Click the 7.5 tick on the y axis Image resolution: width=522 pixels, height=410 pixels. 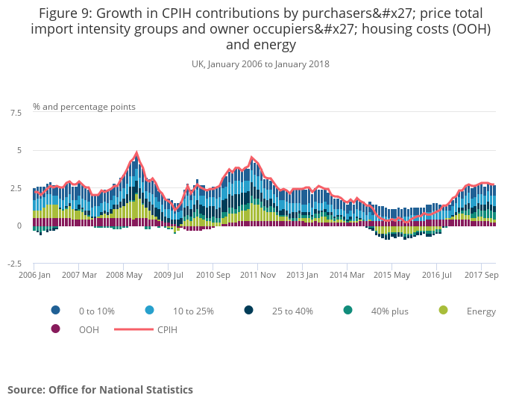[x=16, y=113]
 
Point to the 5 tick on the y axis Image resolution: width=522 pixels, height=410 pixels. [x=18, y=151]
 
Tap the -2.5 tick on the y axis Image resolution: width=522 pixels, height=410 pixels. [x=14, y=264]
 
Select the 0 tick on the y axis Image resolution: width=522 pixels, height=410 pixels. [x=18, y=226]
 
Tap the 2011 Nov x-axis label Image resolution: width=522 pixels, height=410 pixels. [x=257, y=275]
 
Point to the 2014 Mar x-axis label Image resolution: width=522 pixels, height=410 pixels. [x=348, y=275]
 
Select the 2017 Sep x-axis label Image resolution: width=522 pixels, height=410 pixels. [x=481, y=275]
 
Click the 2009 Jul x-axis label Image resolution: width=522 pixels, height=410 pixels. [x=168, y=275]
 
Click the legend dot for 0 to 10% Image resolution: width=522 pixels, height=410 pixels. [x=56, y=311]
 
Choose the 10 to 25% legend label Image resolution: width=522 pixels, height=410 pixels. [x=194, y=311]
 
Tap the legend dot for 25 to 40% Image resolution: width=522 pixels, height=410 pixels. [x=248, y=311]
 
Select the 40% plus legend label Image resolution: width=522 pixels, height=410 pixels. [x=390, y=311]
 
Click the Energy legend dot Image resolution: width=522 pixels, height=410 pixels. [x=444, y=311]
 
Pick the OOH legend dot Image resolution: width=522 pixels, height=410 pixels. [x=56, y=329]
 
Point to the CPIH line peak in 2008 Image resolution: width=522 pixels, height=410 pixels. [x=136, y=152]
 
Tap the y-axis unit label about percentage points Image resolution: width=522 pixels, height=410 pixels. [x=84, y=107]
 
